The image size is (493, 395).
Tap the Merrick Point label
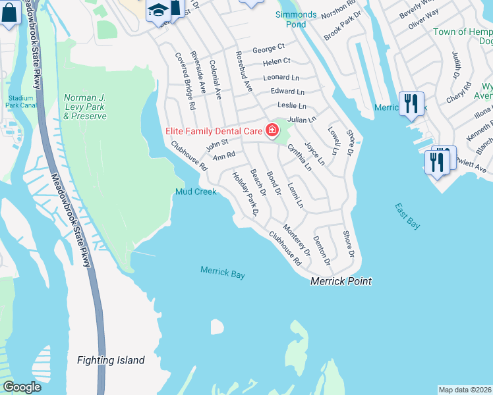tap(341, 281)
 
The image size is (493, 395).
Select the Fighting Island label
tap(111, 360)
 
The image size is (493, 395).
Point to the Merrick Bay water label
tap(223, 272)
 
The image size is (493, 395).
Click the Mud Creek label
tap(196, 192)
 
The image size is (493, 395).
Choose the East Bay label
tap(407, 216)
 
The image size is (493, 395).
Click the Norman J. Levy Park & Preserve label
tap(85, 107)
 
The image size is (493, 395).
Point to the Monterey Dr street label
tap(297, 240)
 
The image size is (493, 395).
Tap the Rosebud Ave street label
tap(244, 70)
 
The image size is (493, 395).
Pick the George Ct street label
tap(268, 47)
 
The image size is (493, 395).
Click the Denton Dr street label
tap(322, 251)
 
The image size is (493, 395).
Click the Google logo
tap(22, 387)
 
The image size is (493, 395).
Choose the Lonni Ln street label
tap(295, 196)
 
